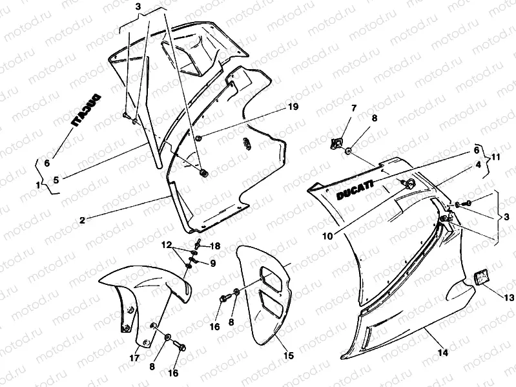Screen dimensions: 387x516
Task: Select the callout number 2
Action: click(83, 220)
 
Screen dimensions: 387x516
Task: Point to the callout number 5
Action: click(55, 181)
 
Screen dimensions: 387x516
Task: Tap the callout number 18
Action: click(216, 246)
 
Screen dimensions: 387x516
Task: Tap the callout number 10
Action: click(328, 236)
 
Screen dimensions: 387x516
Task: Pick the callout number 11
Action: click(496, 157)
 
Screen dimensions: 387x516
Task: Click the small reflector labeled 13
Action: click(481, 277)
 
